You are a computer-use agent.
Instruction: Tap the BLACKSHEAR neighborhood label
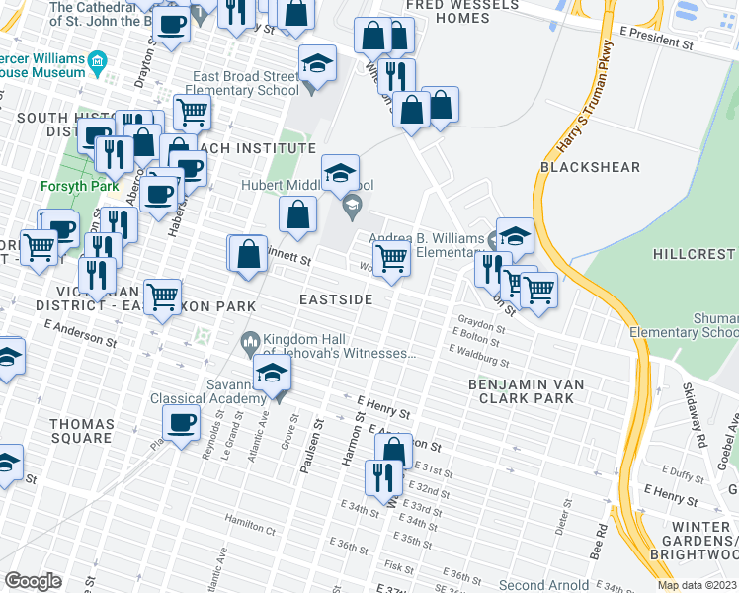(x=590, y=167)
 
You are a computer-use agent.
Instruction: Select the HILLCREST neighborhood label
(x=695, y=254)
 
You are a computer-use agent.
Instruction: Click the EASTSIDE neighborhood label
(x=337, y=298)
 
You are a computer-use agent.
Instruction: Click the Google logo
(x=33, y=580)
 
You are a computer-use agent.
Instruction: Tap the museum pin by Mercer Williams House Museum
(x=98, y=65)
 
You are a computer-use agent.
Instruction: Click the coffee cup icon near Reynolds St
(x=180, y=423)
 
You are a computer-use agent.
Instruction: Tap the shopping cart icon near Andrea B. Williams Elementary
(x=392, y=259)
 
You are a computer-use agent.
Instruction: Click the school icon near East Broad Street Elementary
(x=317, y=65)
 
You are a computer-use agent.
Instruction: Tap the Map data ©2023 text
(x=697, y=585)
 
